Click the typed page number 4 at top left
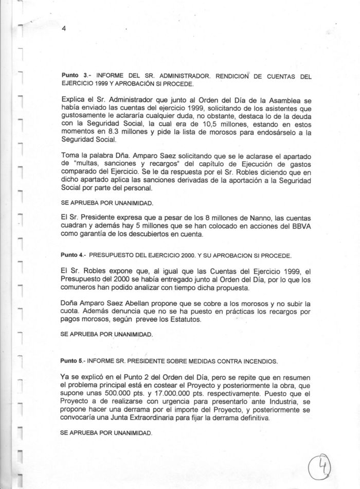tap(63, 29)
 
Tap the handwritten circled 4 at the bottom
tap(320, 468)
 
